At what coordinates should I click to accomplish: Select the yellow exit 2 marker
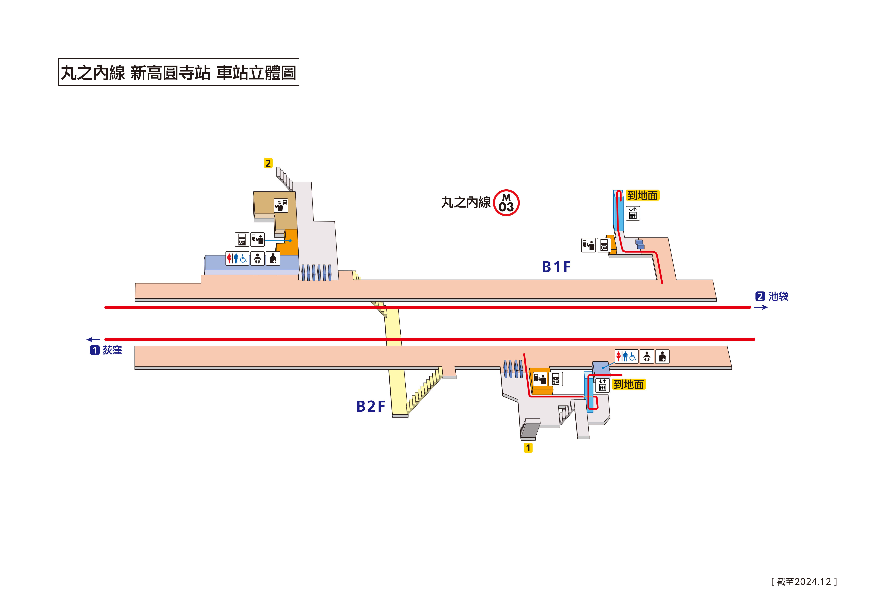tap(268, 163)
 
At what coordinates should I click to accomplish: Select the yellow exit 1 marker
tap(528, 448)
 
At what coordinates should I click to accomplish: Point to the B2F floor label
tap(370, 406)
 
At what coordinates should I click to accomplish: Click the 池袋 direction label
tap(778, 296)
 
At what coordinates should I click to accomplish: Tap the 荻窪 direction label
tap(112, 350)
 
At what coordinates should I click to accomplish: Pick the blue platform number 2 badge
tap(760, 296)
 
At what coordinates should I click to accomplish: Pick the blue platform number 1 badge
tap(95, 350)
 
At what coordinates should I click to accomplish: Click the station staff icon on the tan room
tap(280, 205)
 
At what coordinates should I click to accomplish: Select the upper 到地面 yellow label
tap(642, 195)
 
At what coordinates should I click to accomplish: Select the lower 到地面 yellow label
tap(629, 384)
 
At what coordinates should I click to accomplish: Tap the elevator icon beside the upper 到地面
tap(632, 213)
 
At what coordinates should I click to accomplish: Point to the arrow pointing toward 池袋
tap(761, 307)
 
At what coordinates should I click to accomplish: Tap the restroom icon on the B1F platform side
tap(237, 258)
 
